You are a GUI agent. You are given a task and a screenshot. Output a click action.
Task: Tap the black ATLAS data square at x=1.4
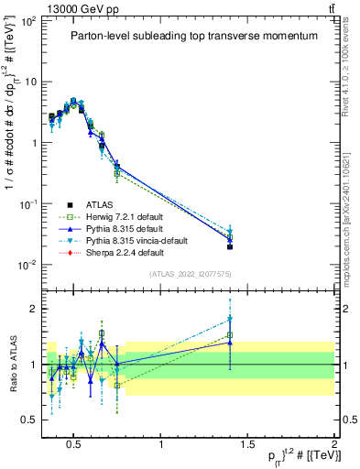pyautogui.click(x=230, y=246)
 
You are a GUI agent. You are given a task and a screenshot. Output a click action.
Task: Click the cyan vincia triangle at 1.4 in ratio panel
pyautogui.click(x=230, y=320)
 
